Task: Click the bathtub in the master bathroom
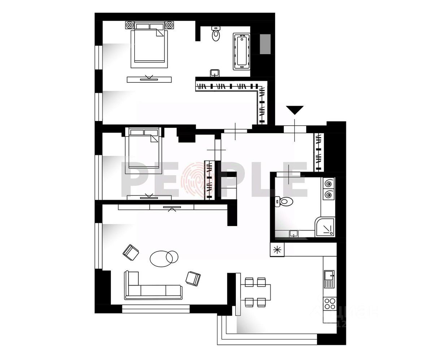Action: point(242,51)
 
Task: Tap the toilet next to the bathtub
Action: point(216,34)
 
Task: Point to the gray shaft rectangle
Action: point(266,44)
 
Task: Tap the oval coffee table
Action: point(162,258)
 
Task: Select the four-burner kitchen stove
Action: point(329,303)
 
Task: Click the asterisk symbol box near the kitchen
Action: point(277,250)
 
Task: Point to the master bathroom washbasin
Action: point(215,73)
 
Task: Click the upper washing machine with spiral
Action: point(329,184)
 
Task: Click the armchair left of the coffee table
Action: point(131,252)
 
